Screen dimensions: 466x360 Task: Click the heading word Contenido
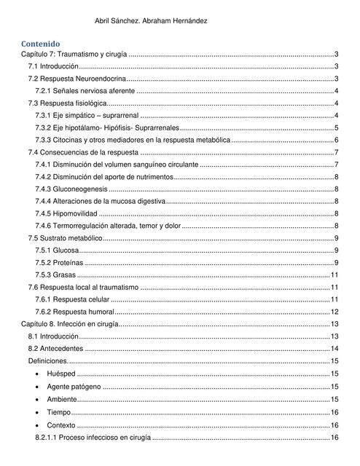(40, 44)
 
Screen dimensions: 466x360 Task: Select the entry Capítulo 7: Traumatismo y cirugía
(74, 55)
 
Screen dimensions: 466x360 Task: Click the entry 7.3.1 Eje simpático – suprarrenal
(87, 116)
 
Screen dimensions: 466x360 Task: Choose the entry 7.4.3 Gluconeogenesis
(71, 189)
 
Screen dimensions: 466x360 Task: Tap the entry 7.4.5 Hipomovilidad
(66, 213)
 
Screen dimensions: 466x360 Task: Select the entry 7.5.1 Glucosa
(57, 250)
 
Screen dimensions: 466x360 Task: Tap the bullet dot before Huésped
(38, 374)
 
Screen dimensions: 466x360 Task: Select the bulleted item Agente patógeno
(74, 386)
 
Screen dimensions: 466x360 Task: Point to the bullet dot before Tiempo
(38, 412)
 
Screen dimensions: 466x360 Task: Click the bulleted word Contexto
(60, 424)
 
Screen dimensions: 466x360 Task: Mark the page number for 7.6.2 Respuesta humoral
(334, 312)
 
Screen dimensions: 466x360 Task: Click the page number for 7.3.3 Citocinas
(336, 140)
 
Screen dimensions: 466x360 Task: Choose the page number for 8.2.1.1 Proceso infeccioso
(334, 438)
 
